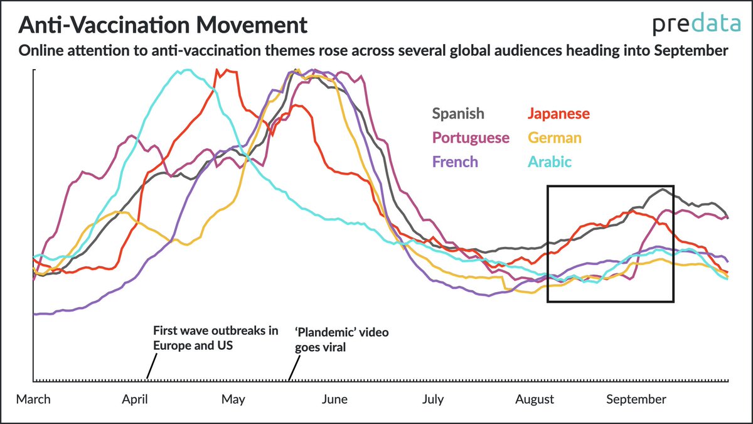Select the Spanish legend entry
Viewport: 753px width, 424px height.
pos(458,114)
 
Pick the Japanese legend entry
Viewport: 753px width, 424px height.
pos(558,114)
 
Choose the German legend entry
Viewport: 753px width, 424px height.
pos(555,138)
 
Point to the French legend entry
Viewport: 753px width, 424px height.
pos(455,161)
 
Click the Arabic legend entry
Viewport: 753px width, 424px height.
pos(550,161)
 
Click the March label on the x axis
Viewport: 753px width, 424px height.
pos(33,400)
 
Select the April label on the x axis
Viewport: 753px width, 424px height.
pos(134,400)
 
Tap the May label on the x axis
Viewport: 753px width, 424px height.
pos(233,400)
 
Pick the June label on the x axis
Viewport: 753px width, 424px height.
pos(333,400)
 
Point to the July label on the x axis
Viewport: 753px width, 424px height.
pos(433,400)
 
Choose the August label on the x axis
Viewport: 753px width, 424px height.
pos(535,400)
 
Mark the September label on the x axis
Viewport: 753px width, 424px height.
pos(636,400)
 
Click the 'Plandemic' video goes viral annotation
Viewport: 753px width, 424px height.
pos(341,339)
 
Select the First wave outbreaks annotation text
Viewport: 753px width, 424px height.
pos(215,338)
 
